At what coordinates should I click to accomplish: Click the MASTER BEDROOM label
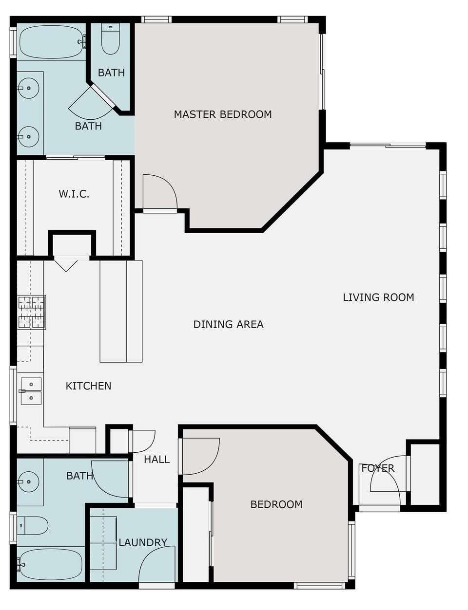[x=223, y=114]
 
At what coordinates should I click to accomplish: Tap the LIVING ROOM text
[x=378, y=297]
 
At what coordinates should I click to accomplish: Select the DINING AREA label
[x=228, y=324]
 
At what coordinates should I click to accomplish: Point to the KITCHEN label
[x=88, y=386]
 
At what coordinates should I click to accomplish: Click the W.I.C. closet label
[x=74, y=194]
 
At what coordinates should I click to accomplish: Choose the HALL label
[x=156, y=459]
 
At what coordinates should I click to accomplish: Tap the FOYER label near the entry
[x=377, y=468]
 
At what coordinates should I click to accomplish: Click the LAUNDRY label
[x=143, y=542]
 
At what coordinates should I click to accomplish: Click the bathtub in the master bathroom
[x=51, y=42]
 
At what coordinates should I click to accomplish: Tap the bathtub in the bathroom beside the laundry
[x=50, y=564]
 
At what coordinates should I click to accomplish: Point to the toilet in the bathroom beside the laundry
[x=33, y=525]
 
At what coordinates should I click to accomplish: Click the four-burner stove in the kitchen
[x=31, y=312]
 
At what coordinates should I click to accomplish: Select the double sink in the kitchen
[x=31, y=391]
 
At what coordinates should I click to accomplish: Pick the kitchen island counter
[x=121, y=311]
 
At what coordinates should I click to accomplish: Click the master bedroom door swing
[x=159, y=192]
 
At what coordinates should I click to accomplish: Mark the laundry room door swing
[x=157, y=565]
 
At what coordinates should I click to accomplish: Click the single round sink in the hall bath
[x=29, y=482]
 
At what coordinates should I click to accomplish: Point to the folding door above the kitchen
[x=66, y=264]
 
